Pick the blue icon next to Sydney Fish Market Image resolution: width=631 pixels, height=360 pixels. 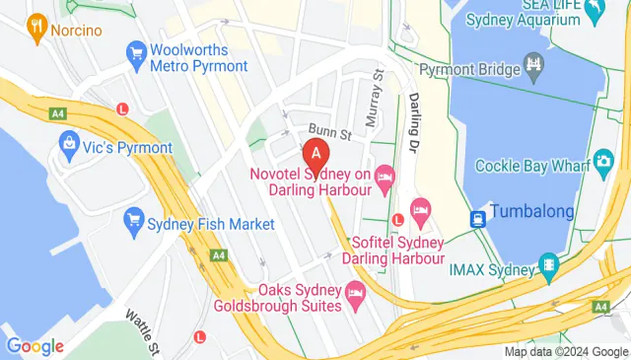tap(133, 224)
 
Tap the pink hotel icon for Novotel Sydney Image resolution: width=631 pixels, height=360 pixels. tap(385, 176)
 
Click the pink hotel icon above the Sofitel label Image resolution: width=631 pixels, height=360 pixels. tap(421, 209)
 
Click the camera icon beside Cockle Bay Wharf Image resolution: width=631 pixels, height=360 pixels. tap(602, 163)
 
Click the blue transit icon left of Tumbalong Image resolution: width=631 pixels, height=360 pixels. tap(478, 218)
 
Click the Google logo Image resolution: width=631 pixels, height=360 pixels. tap(35, 346)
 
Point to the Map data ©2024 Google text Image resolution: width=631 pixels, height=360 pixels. tap(566, 352)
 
